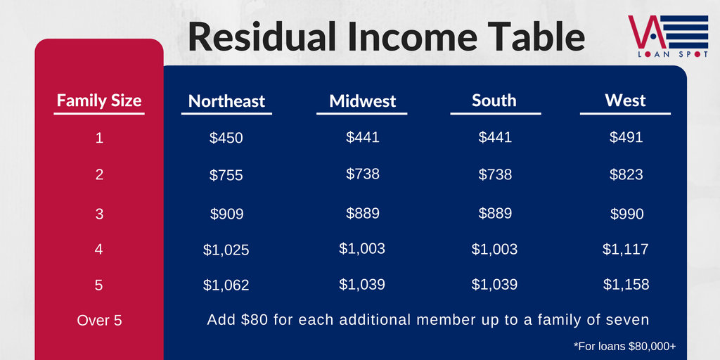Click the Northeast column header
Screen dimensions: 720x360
coord(226,101)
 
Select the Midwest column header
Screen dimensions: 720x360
coord(362,101)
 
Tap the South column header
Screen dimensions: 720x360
coord(494,101)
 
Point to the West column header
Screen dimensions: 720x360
coord(625,101)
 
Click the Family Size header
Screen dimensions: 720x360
coord(99,101)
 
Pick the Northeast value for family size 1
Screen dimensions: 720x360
coord(226,139)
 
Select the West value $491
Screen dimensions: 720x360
coord(626,137)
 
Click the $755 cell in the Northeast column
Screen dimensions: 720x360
coord(226,175)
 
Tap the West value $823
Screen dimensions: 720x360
coord(626,174)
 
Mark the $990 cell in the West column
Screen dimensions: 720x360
coord(626,214)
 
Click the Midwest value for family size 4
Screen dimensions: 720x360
coord(362,248)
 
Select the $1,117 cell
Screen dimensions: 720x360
coord(626,250)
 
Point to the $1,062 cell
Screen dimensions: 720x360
coord(226,285)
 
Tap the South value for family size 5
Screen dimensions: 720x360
coord(494,285)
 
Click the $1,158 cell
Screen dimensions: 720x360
coord(626,285)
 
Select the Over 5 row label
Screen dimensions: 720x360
coord(100,321)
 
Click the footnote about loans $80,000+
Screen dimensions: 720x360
coord(624,346)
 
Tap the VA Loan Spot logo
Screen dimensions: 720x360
coord(668,37)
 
